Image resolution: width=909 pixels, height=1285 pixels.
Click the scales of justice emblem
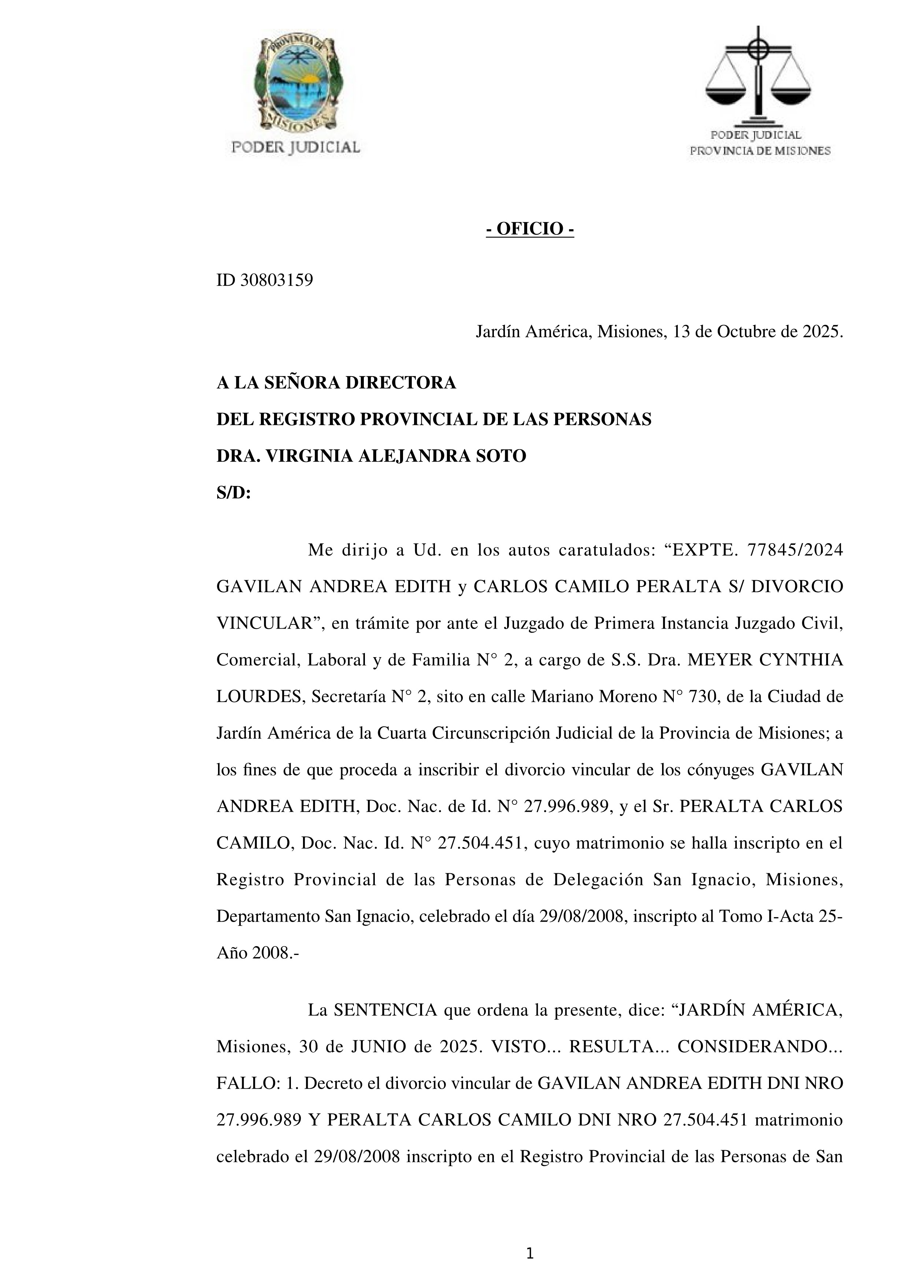[758, 75]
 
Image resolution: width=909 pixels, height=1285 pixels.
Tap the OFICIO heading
[529, 229]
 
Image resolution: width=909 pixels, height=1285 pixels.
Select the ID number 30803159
[277, 280]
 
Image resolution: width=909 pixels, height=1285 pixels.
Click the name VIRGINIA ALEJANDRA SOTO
[395, 456]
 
